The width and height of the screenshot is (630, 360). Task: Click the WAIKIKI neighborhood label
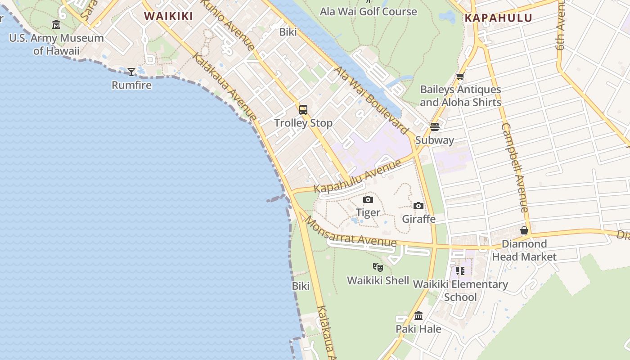[168, 16]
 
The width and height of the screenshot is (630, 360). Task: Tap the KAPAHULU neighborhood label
[498, 18]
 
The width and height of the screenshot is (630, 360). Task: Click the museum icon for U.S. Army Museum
[56, 24]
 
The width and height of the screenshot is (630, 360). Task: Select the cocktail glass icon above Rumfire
[131, 72]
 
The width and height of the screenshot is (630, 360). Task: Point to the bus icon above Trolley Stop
[303, 109]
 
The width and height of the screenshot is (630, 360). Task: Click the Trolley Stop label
[303, 123]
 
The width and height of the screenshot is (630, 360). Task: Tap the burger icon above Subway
[434, 127]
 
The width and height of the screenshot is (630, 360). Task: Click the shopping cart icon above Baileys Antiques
[460, 77]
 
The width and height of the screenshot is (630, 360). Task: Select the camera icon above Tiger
[368, 199]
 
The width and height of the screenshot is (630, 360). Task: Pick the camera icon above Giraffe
[418, 206]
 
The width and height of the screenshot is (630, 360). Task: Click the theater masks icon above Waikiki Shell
[378, 267]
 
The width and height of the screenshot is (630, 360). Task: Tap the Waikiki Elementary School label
[460, 291]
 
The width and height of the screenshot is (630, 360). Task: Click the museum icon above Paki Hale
[418, 316]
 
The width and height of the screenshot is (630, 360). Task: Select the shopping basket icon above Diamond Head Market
[524, 231]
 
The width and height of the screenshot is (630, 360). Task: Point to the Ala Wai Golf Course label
[368, 11]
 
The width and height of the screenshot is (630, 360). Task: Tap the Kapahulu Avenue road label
[357, 176]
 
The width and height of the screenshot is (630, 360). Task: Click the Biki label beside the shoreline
[301, 286]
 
